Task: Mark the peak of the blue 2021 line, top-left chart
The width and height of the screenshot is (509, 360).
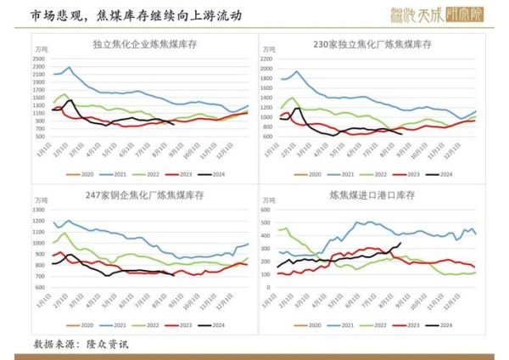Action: (69, 67)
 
